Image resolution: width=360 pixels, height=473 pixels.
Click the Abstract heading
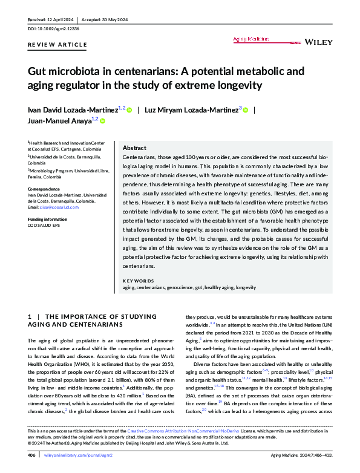(x=134, y=148)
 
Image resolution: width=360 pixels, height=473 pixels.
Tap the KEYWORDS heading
(x=138, y=281)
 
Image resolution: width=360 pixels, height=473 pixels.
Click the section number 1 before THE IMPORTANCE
(x=30, y=316)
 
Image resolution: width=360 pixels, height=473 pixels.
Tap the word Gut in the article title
(x=38, y=71)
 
